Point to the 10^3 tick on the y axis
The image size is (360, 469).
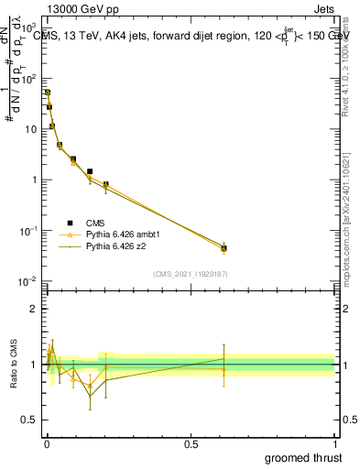coord(30,28)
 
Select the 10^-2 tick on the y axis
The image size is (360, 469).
coord(30,281)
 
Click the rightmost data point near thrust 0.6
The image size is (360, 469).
coord(224,248)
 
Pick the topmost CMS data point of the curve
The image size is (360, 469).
coord(48,93)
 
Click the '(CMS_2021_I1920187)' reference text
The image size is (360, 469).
coord(191,274)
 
